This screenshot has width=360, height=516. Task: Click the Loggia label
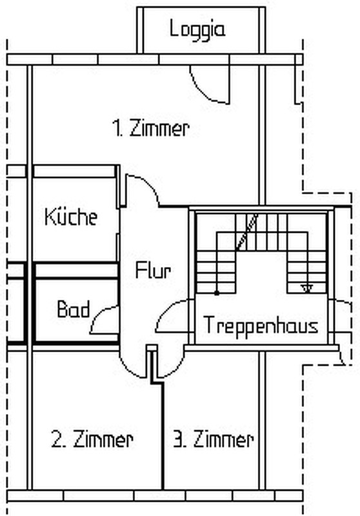[x=197, y=30]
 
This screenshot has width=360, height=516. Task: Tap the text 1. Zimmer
[x=151, y=128]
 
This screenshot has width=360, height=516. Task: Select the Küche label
[x=71, y=217]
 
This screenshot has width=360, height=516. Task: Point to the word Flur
[x=154, y=271]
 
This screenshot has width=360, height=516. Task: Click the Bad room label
[x=74, y=310]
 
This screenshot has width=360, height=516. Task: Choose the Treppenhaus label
[x=261, y=325]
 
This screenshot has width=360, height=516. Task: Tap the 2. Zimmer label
[x=92, y=439]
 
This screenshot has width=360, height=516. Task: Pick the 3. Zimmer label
[x=214, y=440]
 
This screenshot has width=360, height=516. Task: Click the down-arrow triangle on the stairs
[x=306, y=289]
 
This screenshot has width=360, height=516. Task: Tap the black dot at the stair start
[x=217, y=293]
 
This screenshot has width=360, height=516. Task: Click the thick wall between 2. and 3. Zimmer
[x=162, y=436]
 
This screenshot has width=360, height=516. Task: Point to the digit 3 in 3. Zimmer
[x=177, y=440]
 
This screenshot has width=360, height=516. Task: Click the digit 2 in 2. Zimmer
[x=56, y=439]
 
